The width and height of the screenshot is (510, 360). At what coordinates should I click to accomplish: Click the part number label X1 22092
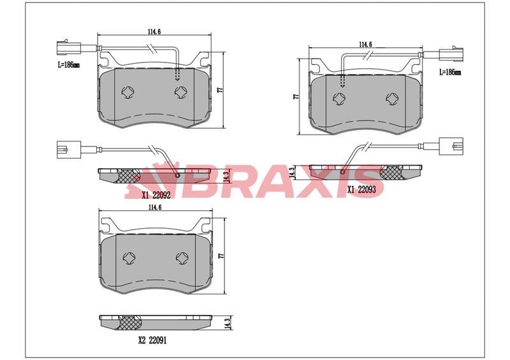pos(156,195)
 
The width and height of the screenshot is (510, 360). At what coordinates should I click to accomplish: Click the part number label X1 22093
pos(361,189)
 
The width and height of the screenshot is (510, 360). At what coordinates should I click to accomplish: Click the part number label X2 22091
pos(152,340)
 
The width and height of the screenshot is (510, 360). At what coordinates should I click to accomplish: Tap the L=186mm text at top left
pos(69,65)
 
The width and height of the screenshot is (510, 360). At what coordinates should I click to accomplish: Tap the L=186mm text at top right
pos(450,72)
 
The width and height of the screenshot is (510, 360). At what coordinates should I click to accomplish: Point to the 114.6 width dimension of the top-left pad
pos(154,32)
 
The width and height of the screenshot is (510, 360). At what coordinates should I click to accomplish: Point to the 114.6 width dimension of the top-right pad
pos(365,44)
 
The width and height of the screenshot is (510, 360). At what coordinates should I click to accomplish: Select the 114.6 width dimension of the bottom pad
pos(155,207)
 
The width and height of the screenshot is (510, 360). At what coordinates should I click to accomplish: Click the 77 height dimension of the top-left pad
pos(220,90)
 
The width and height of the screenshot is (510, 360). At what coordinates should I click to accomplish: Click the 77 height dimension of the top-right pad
pos(296,97)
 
